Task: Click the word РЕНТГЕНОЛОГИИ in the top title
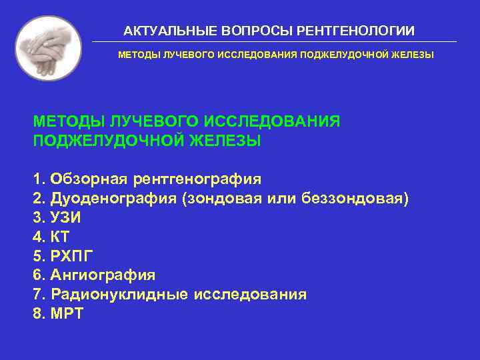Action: tap(356, 31)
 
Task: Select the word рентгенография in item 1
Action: tap(197, 179)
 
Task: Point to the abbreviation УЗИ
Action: tap(66, 217)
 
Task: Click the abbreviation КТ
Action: tap(60, 237)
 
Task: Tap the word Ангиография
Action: tap(103, 275)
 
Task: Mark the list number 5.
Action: tap(37, 256)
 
